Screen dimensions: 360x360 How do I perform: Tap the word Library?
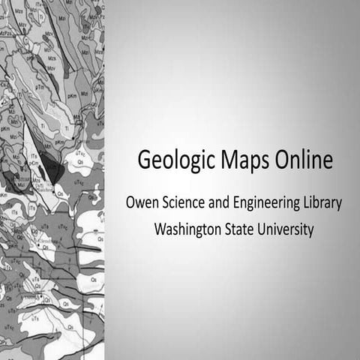(x=322, y=204)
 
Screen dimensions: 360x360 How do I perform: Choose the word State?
(x=240, y=229)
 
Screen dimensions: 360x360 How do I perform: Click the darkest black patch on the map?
(x=51, y=166)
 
